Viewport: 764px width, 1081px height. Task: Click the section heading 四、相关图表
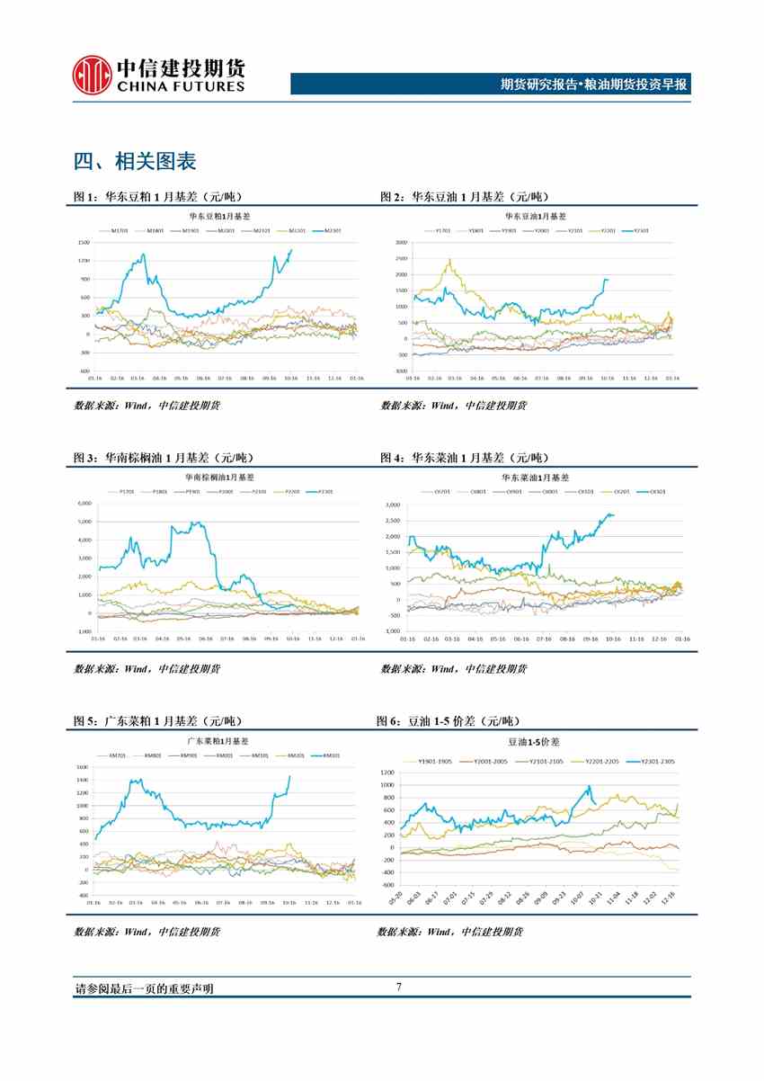tap(135, 162)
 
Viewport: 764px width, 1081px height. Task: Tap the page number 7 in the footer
tap(398, 987)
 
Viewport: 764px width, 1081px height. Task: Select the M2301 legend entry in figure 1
tap(330, 230)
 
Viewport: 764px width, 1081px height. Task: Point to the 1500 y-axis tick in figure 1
tap(84, 243)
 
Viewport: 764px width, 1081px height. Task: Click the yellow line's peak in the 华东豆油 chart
tap(449, 260)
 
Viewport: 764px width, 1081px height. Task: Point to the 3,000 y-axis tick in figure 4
tap(392, 505)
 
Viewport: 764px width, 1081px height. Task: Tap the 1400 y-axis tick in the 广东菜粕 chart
tap(82, 781)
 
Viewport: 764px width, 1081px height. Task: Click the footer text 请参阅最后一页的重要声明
tap(144, 988)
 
